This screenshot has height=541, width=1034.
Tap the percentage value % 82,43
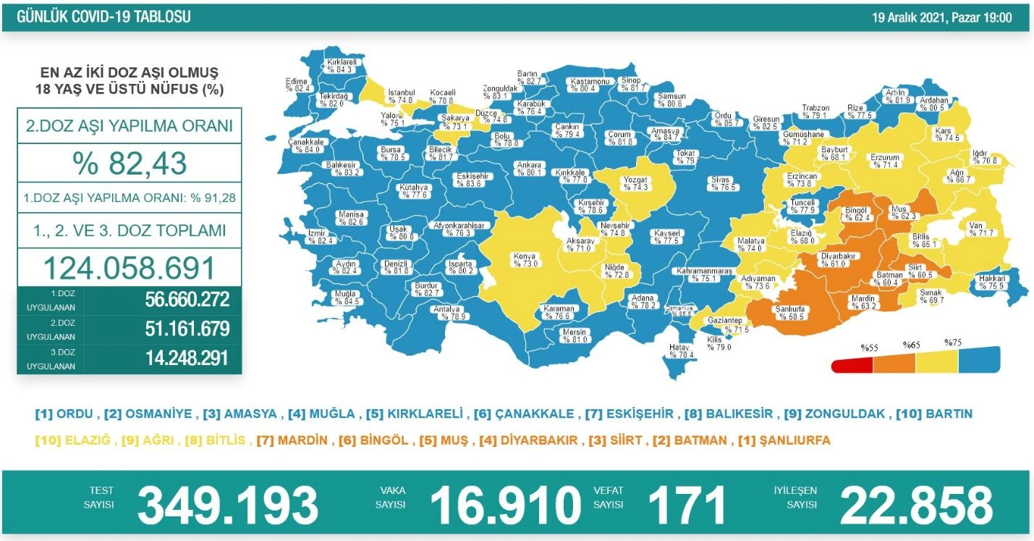(x=130, y=163)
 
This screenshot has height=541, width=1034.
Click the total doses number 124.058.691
(x=130, y=267)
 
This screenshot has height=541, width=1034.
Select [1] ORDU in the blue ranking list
(x=64, y=414)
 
